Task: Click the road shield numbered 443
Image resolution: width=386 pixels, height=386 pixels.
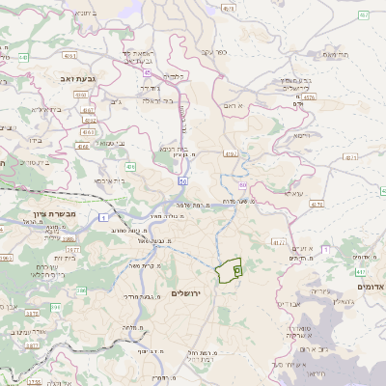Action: (22, 57)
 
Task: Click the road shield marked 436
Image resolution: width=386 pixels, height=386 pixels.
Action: (129, 167)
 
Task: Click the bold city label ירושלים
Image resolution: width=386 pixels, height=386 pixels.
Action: (187, 292)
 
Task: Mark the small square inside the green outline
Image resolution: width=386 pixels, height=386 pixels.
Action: (236, 272)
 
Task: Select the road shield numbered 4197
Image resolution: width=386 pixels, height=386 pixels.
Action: (230, 152)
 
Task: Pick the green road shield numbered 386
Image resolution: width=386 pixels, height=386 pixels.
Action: (55, 308)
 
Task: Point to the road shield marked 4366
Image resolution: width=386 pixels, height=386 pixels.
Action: (82, 147)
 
